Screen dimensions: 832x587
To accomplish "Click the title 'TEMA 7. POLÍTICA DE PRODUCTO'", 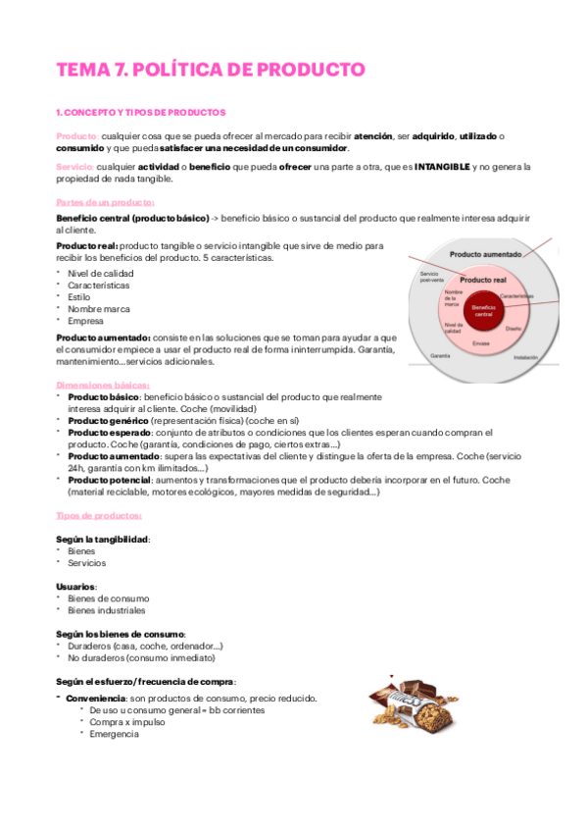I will [210, 70].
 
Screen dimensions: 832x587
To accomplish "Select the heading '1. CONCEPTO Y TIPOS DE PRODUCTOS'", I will [141, 113].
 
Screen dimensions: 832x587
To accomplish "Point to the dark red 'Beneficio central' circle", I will [482, 311].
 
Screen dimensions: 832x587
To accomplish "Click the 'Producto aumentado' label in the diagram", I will [486, 254].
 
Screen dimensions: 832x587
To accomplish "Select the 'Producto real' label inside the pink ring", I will [482, 280].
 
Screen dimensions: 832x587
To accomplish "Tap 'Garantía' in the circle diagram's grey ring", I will [440, 355].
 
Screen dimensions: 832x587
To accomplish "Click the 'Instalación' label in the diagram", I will [524, 358].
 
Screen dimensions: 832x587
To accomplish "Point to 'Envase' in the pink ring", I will [481, 343].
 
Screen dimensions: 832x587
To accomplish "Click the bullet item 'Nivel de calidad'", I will [101, 273].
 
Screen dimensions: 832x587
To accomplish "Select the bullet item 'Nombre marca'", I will [99, 308].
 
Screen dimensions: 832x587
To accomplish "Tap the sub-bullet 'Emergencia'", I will [114, 733].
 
